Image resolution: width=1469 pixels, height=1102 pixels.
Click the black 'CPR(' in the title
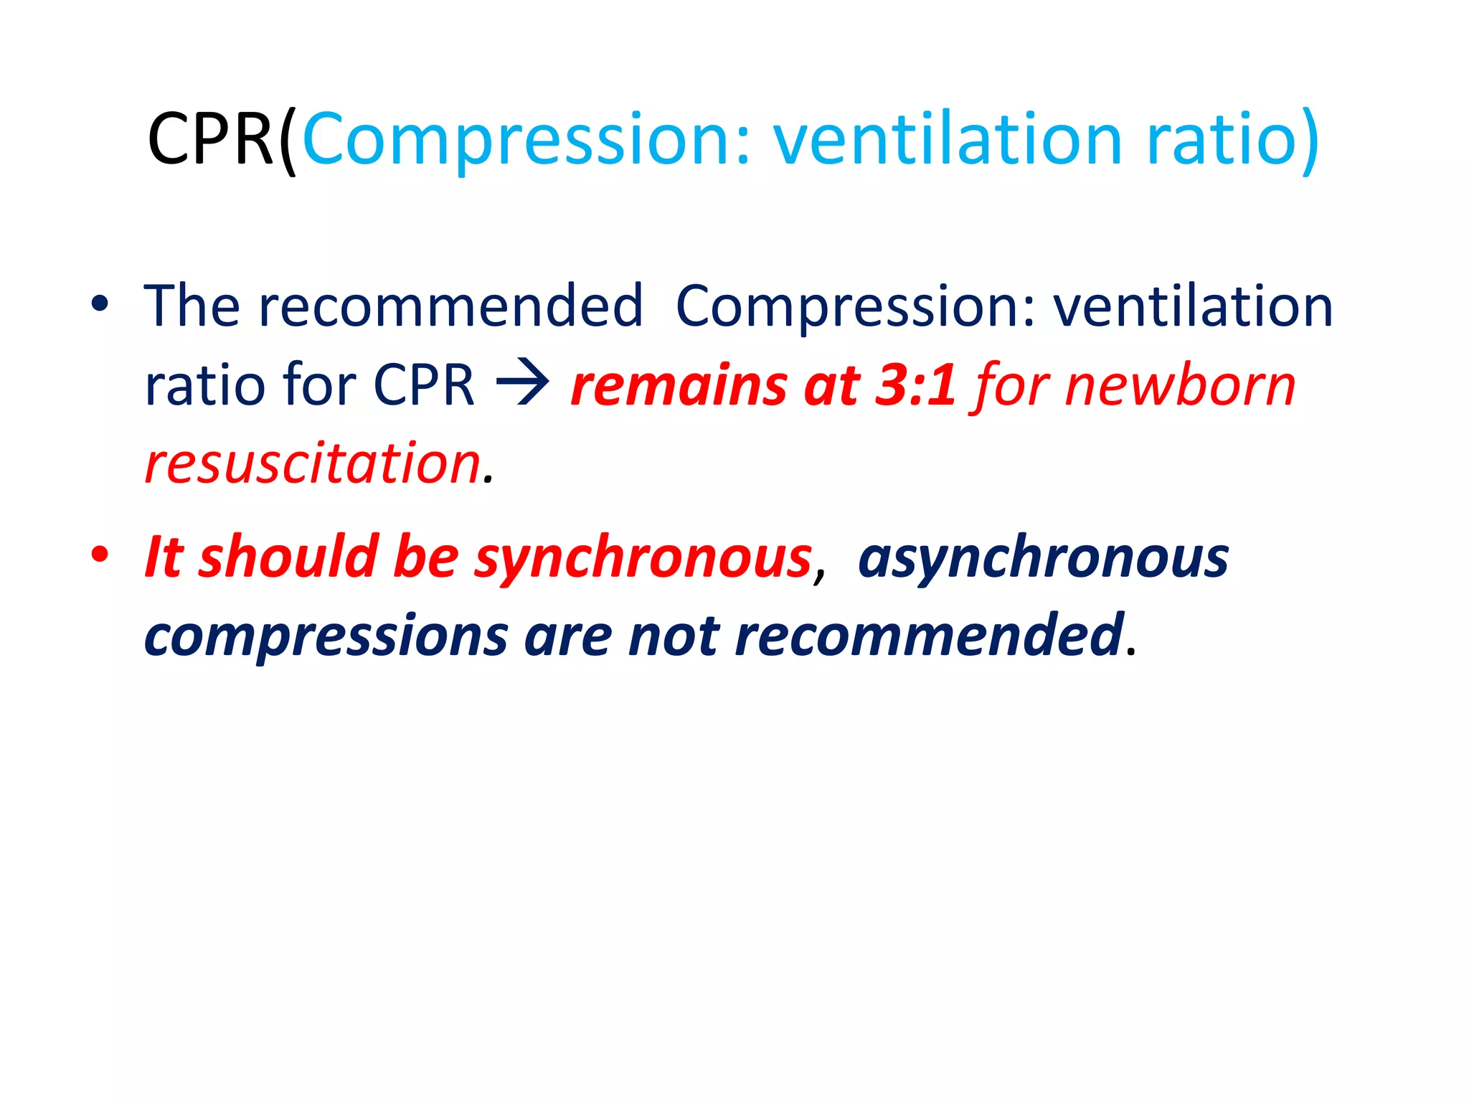tap(221, 140)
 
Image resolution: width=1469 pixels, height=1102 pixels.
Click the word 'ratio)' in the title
tap(1232, 140)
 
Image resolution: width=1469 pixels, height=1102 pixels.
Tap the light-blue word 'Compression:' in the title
tap(527, 140)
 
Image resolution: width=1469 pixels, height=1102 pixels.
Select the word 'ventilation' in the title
tap(947, 140)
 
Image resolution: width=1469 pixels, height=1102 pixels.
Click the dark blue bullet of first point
tap(100, 304)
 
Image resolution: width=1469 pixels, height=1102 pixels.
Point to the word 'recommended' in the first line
tap(450, 306)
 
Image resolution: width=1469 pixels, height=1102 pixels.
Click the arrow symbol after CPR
tap(522, 385)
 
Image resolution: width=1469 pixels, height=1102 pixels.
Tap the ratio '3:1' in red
tap(915, 385)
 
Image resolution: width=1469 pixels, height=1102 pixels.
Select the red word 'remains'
tap(679, 385)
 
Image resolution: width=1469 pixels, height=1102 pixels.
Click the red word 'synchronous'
tap(642, 558)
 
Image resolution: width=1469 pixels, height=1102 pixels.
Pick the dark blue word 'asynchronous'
tap(1043, 558)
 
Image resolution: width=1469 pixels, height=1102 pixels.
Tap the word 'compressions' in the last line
tap(326, 637)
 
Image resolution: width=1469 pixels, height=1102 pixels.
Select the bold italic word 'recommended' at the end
tap(928, 636)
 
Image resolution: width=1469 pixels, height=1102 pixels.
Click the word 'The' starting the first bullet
tap(192, 306)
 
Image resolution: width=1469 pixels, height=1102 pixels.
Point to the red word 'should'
tap(288, 557)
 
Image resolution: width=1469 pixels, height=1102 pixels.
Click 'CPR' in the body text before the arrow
tap(424, 385)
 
